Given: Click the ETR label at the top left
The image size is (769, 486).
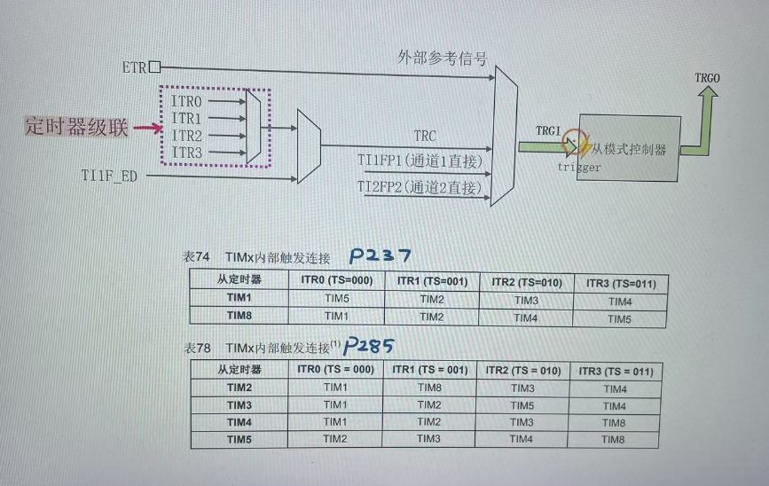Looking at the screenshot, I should point(134,67).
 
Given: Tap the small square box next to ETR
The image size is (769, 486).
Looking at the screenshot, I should point(155,67).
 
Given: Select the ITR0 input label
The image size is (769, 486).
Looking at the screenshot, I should point(186,102).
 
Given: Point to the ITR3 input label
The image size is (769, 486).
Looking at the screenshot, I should point(186,152).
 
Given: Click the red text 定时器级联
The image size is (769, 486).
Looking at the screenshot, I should point(76,129).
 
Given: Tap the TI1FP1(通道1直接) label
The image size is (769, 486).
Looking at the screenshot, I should point(419,161).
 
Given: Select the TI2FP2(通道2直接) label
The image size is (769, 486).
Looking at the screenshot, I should point(419,187).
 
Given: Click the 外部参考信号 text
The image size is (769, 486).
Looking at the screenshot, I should point(442,59).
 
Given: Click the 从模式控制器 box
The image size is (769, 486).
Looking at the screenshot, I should point(625,147).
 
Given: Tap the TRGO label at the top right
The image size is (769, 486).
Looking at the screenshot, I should point(708,79).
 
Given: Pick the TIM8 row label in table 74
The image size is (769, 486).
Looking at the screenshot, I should point(239,316).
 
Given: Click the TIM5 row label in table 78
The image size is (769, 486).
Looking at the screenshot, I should point(239,438).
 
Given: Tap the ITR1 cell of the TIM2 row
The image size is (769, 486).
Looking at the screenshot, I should point(429,388).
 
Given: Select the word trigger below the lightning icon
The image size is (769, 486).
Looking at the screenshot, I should point(579,167).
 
